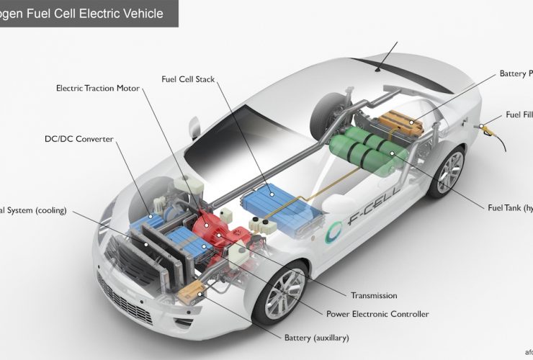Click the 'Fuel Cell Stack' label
[188, 78]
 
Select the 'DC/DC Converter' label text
[79, 139]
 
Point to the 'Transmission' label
[374, 295]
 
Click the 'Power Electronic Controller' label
[377, 314]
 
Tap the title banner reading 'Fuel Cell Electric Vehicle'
[86, 13]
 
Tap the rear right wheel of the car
[447, 173]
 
